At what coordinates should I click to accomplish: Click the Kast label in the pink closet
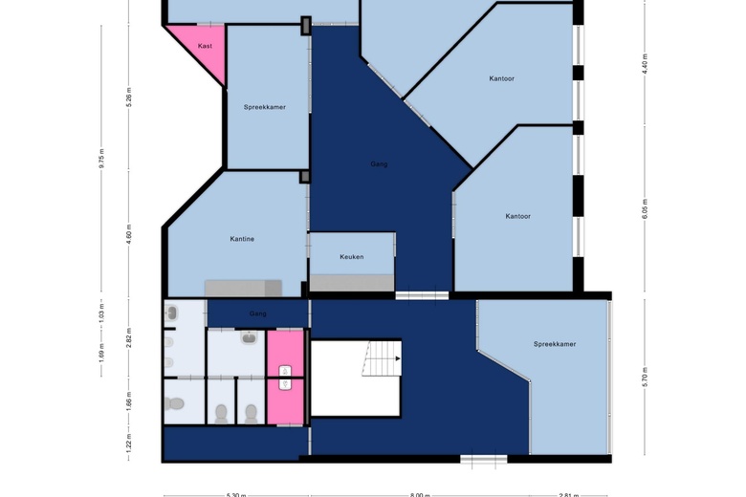tap(205, 46)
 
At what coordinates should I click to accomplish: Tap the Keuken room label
tap(351, 257)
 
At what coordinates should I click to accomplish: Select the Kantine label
tap(242, 239)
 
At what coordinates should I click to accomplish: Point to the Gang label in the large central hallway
tap(379, 164)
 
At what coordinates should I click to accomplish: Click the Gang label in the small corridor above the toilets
tap(257, 313)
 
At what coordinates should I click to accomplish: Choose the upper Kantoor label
tap(501, 78)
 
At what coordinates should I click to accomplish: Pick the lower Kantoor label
tap(517, 216)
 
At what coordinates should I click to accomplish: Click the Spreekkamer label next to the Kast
tap(265, 107)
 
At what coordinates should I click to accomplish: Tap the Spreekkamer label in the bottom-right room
tap(555, 344)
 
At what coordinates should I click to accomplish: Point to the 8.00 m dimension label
tap(419, 494)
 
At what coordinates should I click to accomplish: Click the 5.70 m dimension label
tap(645, 375)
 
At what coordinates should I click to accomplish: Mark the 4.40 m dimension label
tap(645, 63)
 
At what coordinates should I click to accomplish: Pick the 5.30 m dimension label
tap(235, 494)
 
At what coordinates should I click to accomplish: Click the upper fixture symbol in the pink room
tap(284, 370)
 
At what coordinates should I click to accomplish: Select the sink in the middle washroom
tap(249, 337)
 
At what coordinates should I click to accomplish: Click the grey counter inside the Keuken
tap(351, 282)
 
